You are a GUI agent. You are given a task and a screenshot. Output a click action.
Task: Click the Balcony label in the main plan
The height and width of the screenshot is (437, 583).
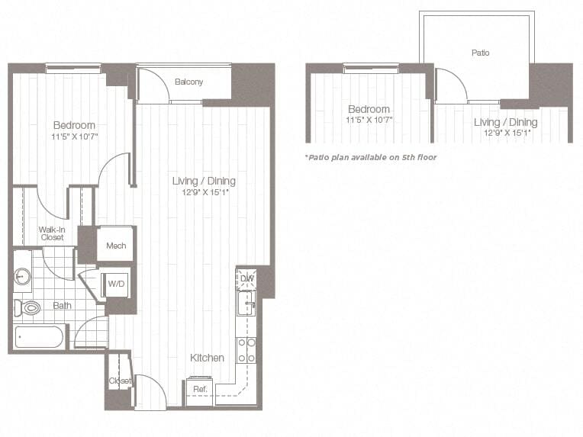[x=188, y=82]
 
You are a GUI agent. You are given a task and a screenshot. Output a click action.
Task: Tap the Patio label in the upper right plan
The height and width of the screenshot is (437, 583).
[x=480, y=53]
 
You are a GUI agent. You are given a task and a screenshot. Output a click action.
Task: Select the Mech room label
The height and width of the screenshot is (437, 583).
[x=116, y=246]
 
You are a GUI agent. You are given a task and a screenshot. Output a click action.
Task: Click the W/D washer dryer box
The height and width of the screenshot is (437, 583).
[x=116, y=284]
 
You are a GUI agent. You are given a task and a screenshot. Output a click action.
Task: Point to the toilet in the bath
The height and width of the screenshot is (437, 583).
[x=28, y=308]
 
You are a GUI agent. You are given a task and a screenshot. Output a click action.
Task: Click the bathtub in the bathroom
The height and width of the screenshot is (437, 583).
[x=40, y=336]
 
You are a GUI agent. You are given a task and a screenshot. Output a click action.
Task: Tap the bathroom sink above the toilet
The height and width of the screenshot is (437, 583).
[x=22, y=275]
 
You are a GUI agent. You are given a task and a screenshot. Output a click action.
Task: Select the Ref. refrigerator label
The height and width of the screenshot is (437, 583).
[x=200, y=389]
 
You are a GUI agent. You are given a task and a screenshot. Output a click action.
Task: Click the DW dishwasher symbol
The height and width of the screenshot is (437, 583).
[x=246, y=279]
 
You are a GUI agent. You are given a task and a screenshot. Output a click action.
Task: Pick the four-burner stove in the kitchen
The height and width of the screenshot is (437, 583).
[x=246, y=350]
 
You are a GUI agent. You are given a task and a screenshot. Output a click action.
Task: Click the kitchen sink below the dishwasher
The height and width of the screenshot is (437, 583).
[x=246, y=305]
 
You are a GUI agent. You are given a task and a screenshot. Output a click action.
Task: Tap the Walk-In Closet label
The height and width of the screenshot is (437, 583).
[x=52, y=233]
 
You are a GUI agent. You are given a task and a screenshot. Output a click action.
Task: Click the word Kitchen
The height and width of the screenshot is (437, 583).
[x=207, y=358]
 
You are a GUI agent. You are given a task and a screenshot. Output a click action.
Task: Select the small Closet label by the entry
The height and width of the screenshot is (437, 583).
[x=119, y=380]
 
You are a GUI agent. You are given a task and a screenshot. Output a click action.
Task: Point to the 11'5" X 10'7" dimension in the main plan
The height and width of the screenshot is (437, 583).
[x=74, y=137]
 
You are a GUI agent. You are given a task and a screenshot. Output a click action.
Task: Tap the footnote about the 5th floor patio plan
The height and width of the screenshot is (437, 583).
[x=370, y=157]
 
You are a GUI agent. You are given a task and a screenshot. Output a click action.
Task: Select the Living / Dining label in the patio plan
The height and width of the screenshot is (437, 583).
[x=505, y=122]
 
